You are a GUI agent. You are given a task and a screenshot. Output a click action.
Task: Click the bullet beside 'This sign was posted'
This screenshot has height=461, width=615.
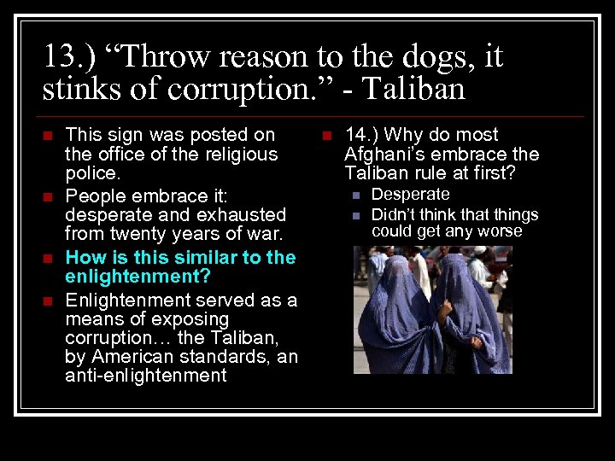[48, 136]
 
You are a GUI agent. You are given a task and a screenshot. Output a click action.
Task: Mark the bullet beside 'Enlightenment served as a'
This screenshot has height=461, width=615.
[48, 301]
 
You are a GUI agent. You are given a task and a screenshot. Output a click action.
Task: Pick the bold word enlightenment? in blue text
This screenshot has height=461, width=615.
[138, 277]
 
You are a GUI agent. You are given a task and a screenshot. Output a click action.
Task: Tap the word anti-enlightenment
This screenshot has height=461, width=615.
[146, 376]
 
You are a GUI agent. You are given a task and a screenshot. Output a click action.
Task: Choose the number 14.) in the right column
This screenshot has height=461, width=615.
[366, 135]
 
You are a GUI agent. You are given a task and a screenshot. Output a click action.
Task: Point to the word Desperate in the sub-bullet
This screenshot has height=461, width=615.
[410, 195]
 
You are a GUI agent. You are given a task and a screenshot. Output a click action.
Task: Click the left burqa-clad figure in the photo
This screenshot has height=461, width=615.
[393, 320]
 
